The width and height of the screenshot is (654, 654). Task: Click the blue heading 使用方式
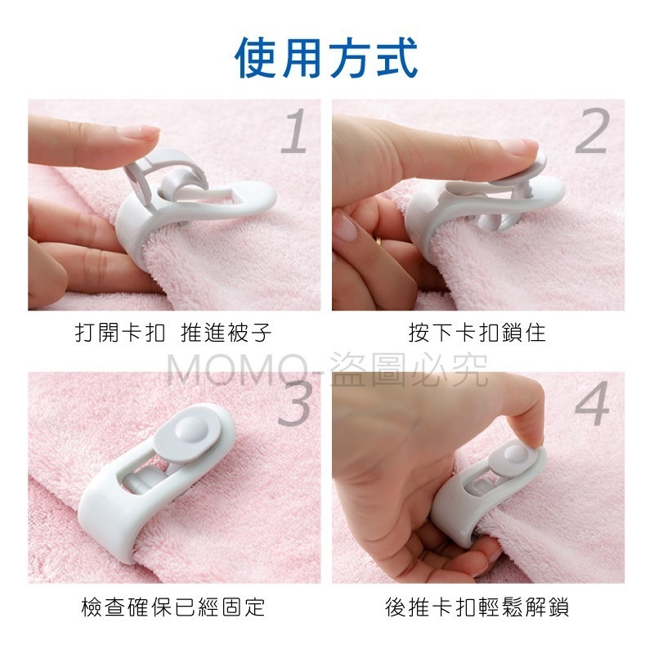[x=326, y=57]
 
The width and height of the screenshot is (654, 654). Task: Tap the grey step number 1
[x=295, y=131]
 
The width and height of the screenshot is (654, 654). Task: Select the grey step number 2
[x=593, y=131]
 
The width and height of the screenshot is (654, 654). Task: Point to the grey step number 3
[x=294, y=402]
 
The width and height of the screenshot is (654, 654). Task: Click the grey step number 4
[x=592, y=403]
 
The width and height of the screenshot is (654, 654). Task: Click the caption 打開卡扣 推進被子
[x=173, y=333]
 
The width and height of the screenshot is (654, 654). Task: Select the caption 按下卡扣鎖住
[x=477, y=333]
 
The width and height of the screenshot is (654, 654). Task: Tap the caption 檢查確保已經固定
[x=173, y=607]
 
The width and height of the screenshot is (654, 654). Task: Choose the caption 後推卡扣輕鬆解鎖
[x=477, y=607]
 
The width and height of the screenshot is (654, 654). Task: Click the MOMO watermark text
[x=327, y=370]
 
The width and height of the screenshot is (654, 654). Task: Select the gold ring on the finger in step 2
[x=379, y=240]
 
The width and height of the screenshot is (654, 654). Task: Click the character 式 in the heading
[x=397, y=57]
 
